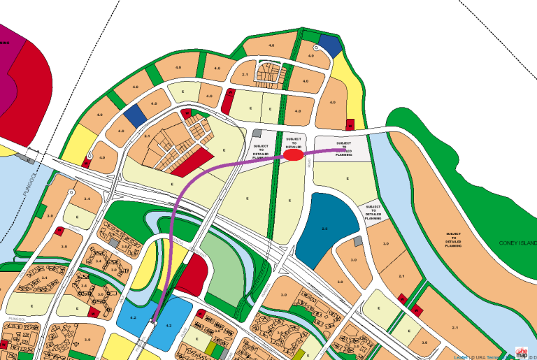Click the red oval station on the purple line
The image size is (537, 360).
[x=294, y=155]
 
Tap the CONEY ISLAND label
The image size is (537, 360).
[x=517, y=243]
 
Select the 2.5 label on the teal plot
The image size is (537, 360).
[x=324, y=229]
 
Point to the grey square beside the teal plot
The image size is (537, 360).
[x=358, y=241]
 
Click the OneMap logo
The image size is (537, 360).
[x=522, y=352]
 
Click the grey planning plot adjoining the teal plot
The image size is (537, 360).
[x=373, y=211]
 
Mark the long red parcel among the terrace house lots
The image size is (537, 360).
[x=190, y=164]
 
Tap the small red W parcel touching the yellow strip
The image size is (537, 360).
[x=350, y=124]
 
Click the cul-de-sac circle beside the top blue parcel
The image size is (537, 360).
[x=316, y=48]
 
